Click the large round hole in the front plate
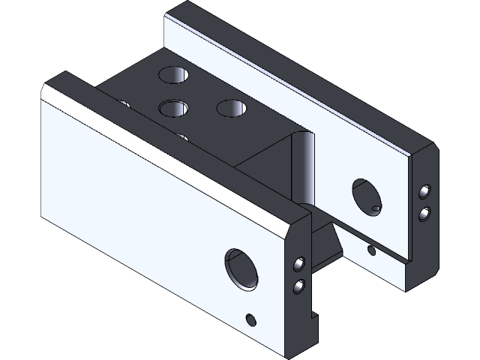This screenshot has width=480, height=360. (x=241, y=268)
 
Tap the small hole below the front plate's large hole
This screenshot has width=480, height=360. (x=251, y=320)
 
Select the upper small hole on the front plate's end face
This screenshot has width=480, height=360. (x=298, y=264)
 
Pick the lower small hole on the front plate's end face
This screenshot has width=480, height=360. (x=298, y=285)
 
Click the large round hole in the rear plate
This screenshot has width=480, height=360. (x=367, y=196)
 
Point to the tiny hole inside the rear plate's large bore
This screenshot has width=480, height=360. (x=376, y=207)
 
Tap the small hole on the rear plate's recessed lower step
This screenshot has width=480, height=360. (x=370, y=250)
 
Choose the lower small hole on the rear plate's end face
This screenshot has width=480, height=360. (x=425, y=214)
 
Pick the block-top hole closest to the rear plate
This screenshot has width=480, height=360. (x=232, y=107)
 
